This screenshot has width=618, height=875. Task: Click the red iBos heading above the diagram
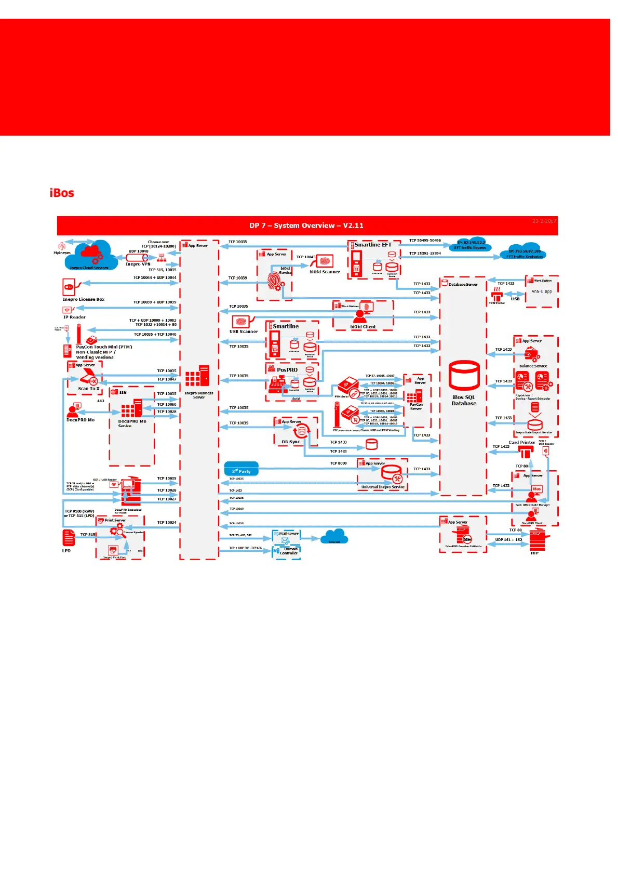point(62,193)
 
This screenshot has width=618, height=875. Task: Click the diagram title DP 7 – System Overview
point(306,226)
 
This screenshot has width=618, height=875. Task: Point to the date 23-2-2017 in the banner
point(544,221)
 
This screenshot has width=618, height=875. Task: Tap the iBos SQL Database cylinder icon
point(464,375)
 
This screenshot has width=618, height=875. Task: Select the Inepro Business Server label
point(199,395)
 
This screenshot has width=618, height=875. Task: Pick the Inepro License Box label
point(84,299)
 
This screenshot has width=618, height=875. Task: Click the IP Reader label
point(74,317)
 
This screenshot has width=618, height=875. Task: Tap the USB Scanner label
point(244,332)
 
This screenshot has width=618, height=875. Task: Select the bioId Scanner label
point(325,272)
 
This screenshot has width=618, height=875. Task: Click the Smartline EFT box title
point(373,245)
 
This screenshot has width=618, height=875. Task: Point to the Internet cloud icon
point(334,536)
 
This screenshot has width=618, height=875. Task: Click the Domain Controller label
point(289,551)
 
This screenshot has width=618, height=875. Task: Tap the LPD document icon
point(69,538)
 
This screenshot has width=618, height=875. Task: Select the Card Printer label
point(521,442)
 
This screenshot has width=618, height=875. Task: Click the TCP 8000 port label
point(338,463)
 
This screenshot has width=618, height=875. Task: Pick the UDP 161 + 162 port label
point(508,539)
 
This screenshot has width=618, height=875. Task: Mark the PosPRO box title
point(287,370)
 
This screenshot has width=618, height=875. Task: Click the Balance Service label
point(533,366)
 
